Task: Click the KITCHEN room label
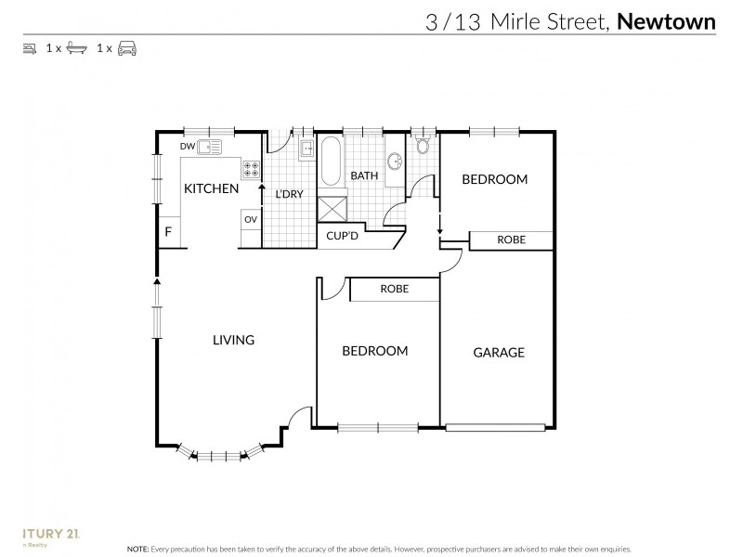pyautogui.click(x=211, y=188)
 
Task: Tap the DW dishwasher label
pyautogui.click(x=187, y=146)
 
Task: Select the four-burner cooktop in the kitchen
pyautogui.click(x=251, y=169)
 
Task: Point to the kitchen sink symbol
pyautogui.click(x=211, y=146)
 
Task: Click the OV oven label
pyautogui.click(x=250, y=219)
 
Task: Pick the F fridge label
pyautogui.click(x=168, y=231)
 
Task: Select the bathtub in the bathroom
pyautogui.click(x=332, y=162)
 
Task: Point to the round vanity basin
pyautogui.click(x=394, y=162)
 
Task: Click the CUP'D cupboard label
pyautogui.click(x=343, y=237)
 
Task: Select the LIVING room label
pyautogui.click(x=233, y=340)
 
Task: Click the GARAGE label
pyautogui.click(x=499, y=352)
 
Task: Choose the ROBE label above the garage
pyautogui.click(x=511, y=240)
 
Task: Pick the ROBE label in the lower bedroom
pyautogui.click(x=394, y=290)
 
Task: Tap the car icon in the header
pyautogui.click(x=127, y=47)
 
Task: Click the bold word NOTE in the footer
pyautogui.click(x=138, y=550)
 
